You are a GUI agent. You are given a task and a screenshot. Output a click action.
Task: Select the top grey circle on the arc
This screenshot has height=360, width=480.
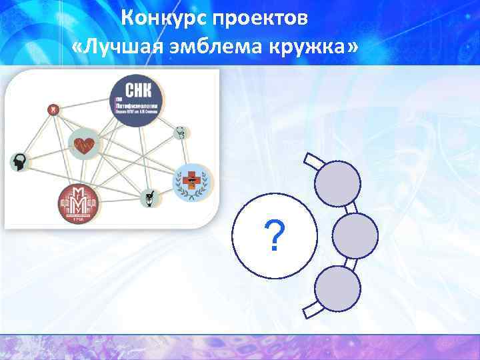(337, 183)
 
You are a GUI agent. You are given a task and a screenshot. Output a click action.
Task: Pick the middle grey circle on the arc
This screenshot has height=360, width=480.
(354, 235)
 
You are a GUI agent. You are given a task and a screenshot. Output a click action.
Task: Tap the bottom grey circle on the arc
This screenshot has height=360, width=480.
(337, 287)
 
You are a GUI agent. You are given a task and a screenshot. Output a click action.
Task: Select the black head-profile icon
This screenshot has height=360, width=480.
(19, 161)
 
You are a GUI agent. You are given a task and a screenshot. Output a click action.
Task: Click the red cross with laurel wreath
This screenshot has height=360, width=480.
(191, 182)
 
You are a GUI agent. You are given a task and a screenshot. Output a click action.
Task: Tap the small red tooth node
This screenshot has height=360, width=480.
(53, 109)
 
